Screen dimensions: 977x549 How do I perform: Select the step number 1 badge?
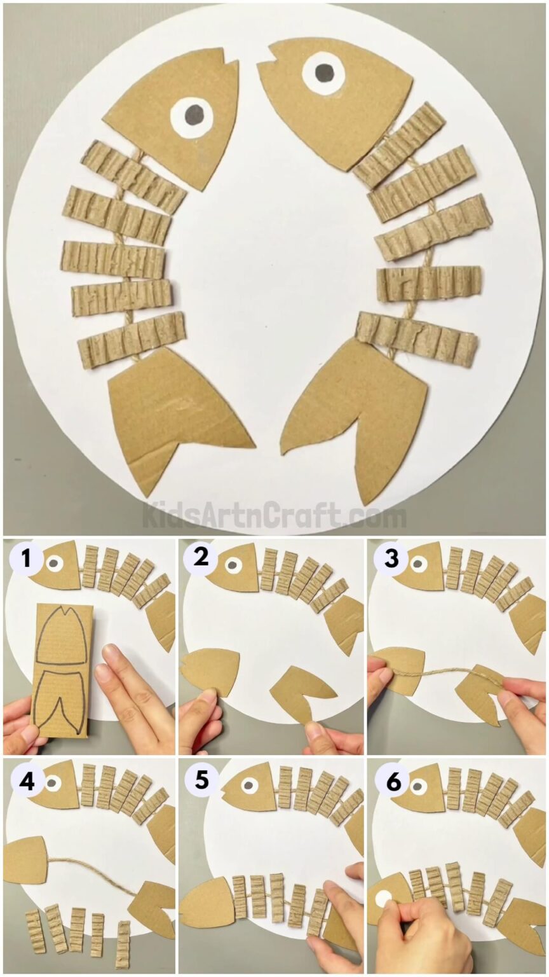click(26, 559)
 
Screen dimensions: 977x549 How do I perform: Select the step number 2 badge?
click(201, 558)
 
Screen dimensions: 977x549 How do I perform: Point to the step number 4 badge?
click(26, 782)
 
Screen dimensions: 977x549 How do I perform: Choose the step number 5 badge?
click(201, 780)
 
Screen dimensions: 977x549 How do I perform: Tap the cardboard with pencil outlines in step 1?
click(62, 668)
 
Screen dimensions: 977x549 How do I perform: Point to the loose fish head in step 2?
click(210, 668)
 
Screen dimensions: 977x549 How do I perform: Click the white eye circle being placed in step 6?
click(384, 899)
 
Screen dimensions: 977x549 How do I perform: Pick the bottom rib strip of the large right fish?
click(416, 339)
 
